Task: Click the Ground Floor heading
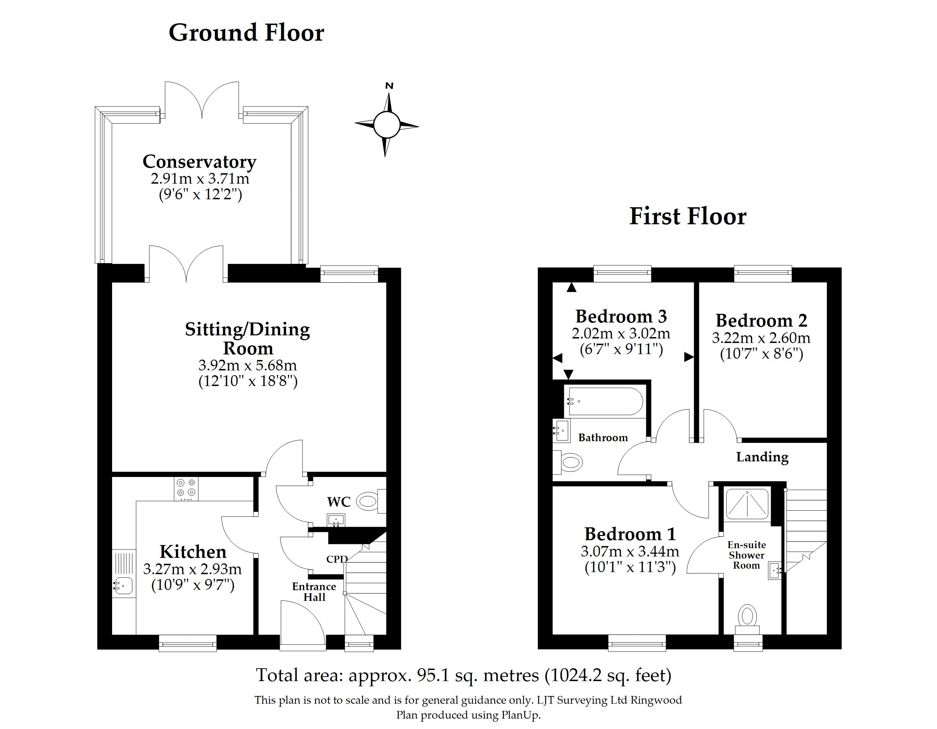pyautogui.click(x=246, y=33)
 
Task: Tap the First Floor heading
pyautogui.click(x=688, y=216)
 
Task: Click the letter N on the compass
pyautogui.click(x=389, y=86)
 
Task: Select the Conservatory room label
pyautogui.click(x=200, y=161)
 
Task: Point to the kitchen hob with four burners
pyautogui.click(x=186, y=489)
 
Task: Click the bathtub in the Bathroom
pyautogui.click(x=605, y=401)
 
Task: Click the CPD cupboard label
pyautogui.click(x=337, y=559)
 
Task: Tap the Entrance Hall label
pyautogui.click(x=314, y=592)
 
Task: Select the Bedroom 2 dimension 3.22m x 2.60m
pyautogui.click(x=761, y=338)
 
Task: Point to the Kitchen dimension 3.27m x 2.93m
pyautogui.click(x=192, y=569)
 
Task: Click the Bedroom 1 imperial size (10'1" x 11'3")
pyautogui.click(x=630, y=567)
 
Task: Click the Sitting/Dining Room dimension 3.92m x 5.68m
pyautogui.click(x=247, y=365)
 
